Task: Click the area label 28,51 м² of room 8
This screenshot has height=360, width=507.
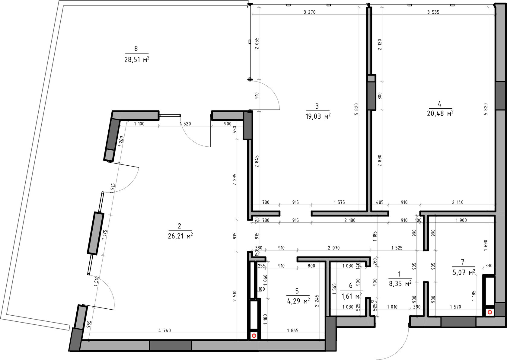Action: point(137,59)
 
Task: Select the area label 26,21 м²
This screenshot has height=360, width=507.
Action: point(180,236)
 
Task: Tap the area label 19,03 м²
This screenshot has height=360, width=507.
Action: point(318,116)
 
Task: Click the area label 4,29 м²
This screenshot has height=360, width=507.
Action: point(298,301)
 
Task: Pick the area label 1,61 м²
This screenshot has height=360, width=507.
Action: point(352,296)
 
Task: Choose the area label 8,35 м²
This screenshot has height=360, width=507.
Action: point(400,283)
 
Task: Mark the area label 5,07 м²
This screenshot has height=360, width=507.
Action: point(464,272)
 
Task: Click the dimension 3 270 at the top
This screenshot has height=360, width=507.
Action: point(309,12)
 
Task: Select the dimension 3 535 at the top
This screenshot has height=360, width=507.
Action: point(433,12)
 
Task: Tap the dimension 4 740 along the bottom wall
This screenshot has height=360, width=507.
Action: point(164,331)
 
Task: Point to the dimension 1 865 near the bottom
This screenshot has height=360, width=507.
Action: point(293,331)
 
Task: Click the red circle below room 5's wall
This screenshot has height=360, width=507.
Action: point(254,336)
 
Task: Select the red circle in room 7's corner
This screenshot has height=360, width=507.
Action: point(490,313)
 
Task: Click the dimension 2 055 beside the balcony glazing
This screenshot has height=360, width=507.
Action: point(257,43)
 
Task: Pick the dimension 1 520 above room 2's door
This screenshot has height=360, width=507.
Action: point(185,124)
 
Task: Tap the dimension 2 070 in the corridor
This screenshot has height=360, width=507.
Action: point(334,248)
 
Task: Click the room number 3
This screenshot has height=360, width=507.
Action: point(317,106)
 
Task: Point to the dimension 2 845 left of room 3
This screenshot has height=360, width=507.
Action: point(257,161)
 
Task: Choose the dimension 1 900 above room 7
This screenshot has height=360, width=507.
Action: point(461,220)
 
